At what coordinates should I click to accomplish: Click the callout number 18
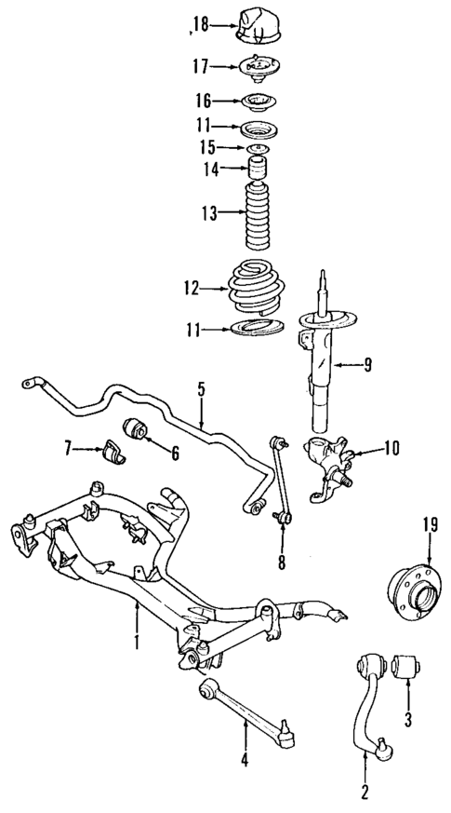199,25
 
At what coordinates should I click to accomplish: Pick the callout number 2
364,793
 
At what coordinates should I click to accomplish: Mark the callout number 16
203,101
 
